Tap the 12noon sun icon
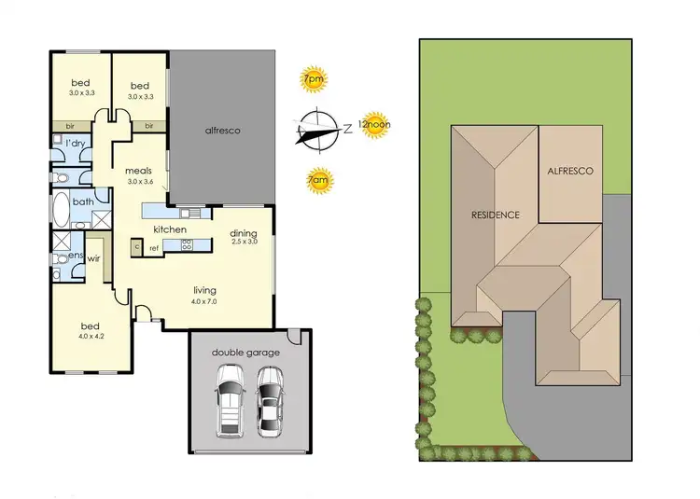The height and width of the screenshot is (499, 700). (x=373, y=127)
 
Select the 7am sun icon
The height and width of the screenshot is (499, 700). (x=317, y=181)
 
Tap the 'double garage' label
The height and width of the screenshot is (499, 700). (x=245, y=353)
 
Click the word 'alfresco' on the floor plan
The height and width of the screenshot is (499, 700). (x=223, y=131)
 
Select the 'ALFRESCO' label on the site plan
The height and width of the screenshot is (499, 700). (x=571, y=172)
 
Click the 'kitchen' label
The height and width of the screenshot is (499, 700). (x=170, y=229)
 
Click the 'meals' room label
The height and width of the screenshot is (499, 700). (x=139, y=172)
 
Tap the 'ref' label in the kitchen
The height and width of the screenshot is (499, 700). (x=154, y=247)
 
